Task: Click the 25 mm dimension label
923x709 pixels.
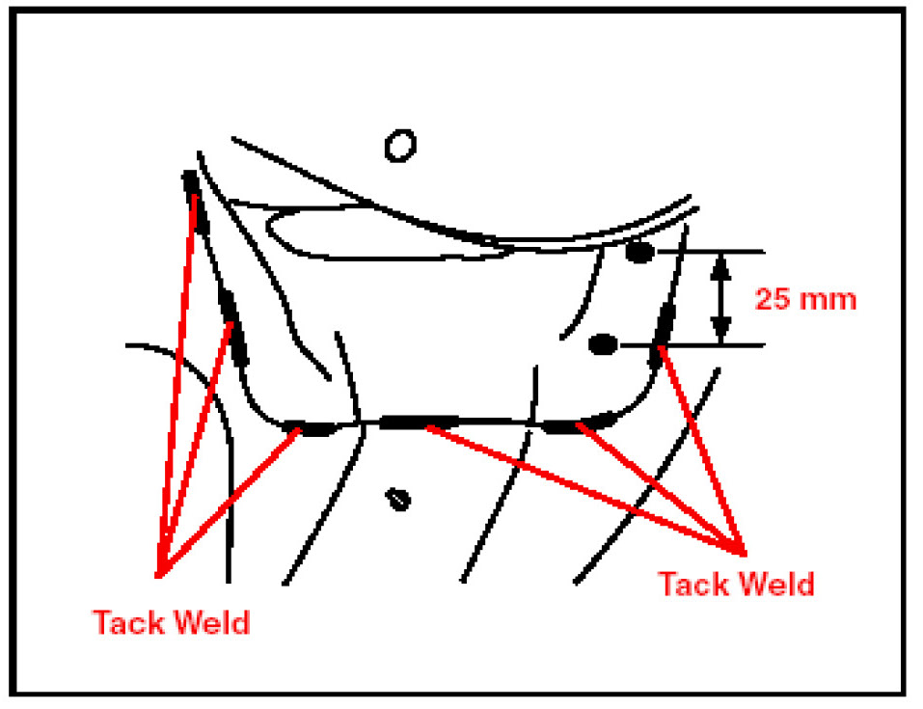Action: point(804,298)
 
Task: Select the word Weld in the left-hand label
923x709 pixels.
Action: point(211,621)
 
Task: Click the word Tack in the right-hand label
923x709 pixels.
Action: point(697,584)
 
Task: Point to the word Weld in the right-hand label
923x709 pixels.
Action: point(777,584)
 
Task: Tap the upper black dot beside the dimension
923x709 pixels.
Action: point(639,253)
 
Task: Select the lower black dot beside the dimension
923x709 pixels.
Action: point(603,343)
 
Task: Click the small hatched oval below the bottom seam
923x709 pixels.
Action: point(397,499)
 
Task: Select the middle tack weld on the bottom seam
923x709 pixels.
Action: point(418,422)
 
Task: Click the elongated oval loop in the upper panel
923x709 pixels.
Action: point(386,233)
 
